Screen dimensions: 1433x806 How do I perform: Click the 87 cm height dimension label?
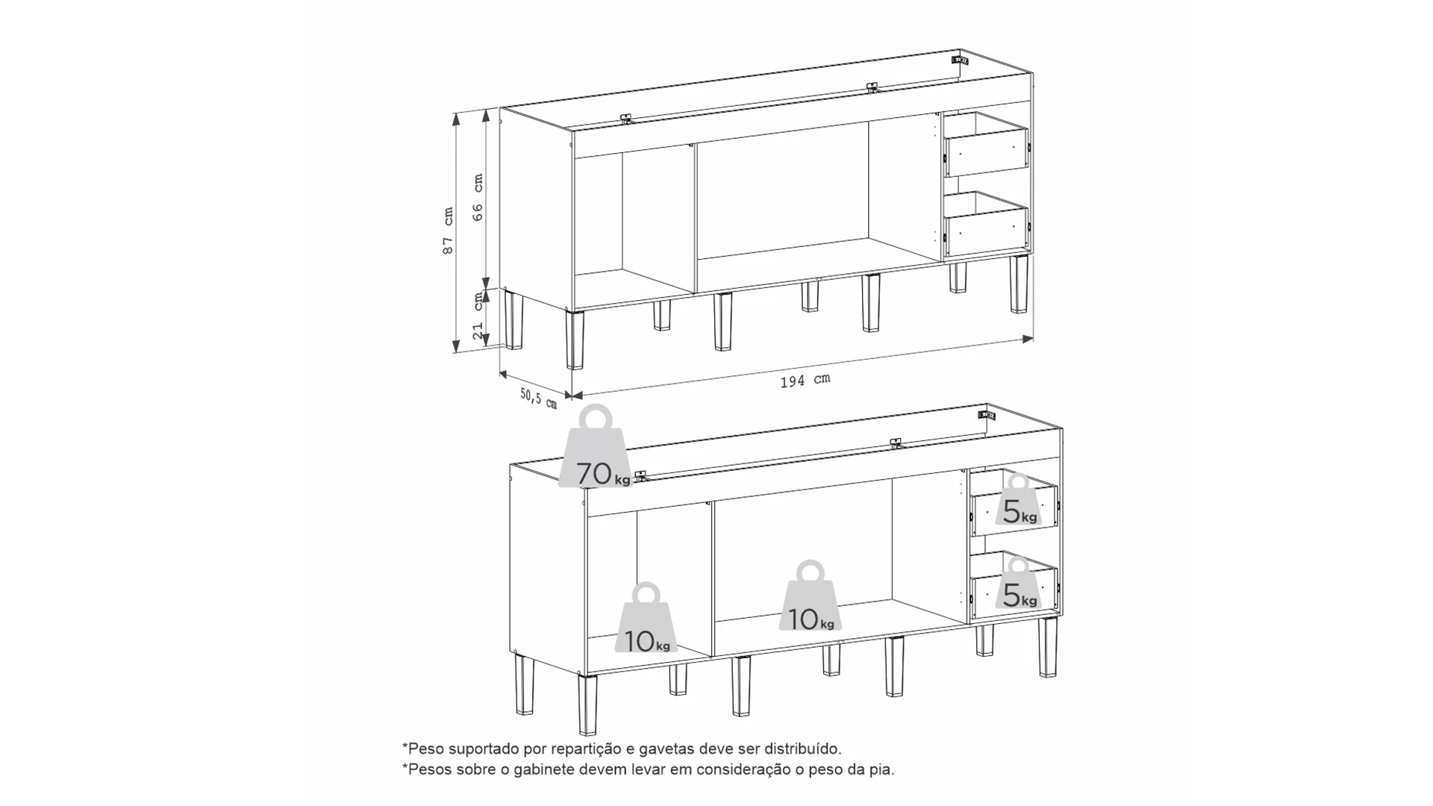point(448,231)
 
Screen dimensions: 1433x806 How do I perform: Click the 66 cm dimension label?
point(478,197)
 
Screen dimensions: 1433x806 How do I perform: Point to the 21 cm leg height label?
point(478,316)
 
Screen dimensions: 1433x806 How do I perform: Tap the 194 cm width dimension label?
point(805,381)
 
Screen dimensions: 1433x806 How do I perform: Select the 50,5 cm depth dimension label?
point(538,398)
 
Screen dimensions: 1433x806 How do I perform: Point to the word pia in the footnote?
point(882,769)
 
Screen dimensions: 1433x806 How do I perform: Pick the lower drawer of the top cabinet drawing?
point(985,225)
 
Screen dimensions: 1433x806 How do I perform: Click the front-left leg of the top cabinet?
point(575,340)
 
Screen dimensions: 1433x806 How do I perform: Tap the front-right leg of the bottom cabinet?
point(1048,647)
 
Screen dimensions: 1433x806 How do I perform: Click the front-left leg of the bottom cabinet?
point(588,705)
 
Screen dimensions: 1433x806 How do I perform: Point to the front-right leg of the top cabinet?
point(1019,284)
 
